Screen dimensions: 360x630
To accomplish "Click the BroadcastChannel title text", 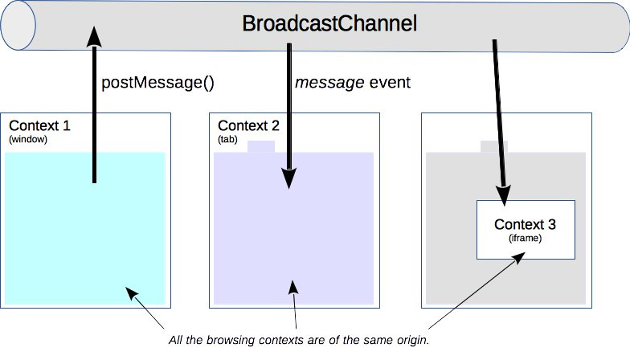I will pyautogui.click(x=329, y=24).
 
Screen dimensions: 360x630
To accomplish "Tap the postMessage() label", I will pyautogui.click(x=158, y=83).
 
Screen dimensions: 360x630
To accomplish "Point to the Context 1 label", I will pyautogui.click(x=39, y=126).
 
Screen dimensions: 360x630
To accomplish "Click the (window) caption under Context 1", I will pyautogui.click(x=28, y=140).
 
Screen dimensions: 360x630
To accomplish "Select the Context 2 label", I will pyautogui.click(x=248, y=126).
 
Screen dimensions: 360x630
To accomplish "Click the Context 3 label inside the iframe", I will pyautogui.click(x=525, y=224).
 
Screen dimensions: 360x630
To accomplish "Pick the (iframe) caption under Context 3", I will pyautogui.click(x=525, y=238).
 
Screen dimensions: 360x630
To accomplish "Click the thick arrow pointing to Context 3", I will pyautogui.click(x=500, y=121).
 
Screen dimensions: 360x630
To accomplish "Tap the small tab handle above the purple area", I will pyautogui.click(x=260, y=146).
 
